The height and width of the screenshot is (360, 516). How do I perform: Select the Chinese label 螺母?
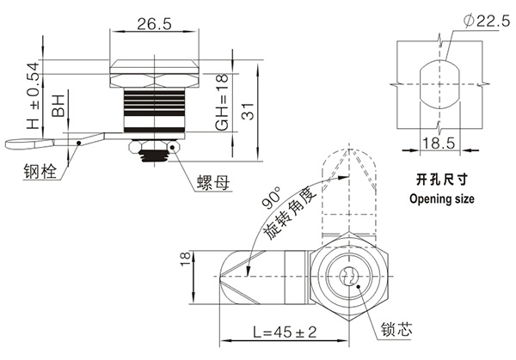[x=212, y=183]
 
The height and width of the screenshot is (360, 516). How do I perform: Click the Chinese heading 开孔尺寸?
[x=439, y=182]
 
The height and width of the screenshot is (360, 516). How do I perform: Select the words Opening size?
[x=440, y=200]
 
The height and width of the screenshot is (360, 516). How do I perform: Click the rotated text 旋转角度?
[x=292, y=215]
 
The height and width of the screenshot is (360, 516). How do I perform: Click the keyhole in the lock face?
[x=347, y=278]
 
